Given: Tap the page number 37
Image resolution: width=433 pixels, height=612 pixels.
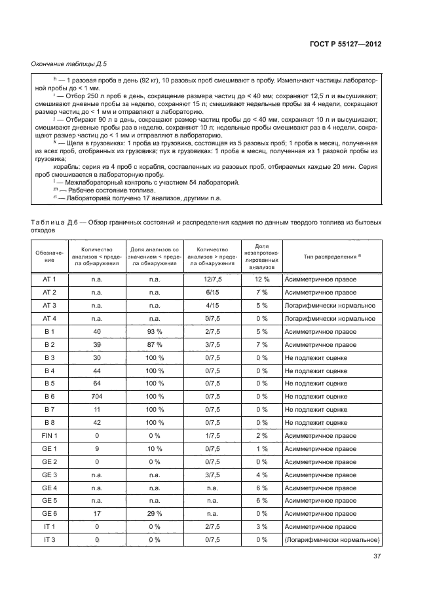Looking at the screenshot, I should click(x=377, y=558).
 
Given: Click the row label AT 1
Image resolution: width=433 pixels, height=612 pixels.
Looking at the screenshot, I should click(x=50, y=279).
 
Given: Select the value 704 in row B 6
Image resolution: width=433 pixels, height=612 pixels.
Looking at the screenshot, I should click(x=97, y=397).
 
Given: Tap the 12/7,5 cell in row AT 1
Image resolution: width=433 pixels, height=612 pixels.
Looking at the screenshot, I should click(x=212, y=279).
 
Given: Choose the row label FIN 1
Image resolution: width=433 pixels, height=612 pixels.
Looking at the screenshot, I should click(x=50, y=435).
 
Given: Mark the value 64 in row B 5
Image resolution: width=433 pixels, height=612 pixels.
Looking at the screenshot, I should click(x=97, y=384).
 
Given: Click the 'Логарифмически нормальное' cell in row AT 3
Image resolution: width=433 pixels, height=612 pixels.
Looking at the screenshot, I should click(x=329, y=306).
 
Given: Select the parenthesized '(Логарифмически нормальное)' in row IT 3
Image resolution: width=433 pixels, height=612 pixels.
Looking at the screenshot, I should click(x=332, y=540).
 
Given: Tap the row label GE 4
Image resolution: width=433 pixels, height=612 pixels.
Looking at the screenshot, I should click(x=50, y=488).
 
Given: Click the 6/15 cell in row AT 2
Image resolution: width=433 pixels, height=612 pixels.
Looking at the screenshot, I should click(x=212, y=293).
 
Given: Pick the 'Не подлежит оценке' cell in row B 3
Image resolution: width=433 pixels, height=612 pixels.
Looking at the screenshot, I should click(x=316, y=357).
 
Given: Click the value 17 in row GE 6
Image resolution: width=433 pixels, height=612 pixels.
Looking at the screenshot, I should click(x=97, y=514).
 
